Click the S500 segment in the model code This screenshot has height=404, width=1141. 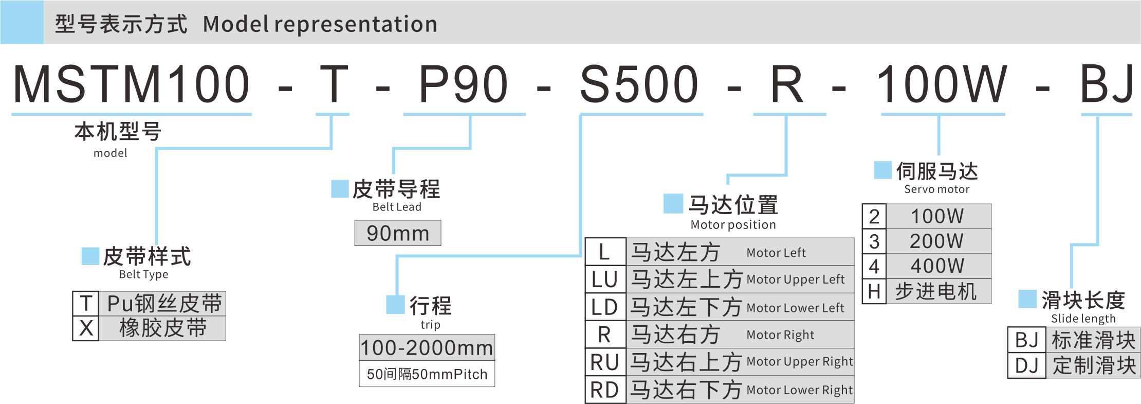(639, 84)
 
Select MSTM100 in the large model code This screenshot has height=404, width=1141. (132, 84)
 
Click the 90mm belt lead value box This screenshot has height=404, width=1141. (398, 233)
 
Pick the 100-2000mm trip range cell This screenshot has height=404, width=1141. (427, 348)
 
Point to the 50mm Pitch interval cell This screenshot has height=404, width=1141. (427, 374)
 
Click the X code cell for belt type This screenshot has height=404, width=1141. (86, 328)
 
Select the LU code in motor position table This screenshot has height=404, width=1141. (605, 279)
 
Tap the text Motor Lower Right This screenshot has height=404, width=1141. (799, 390)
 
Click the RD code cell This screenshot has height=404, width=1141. (605, 390)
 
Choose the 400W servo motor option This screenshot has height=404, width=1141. (937, 266)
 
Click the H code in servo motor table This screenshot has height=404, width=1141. (874, 292)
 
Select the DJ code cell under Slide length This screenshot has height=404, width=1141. (1026, 365)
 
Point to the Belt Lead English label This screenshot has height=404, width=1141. (397, 207)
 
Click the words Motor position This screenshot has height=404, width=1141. (733, 224)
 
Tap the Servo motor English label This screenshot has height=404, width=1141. (936, 189)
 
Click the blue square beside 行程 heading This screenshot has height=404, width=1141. (395, 305)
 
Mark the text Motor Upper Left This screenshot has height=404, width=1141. (795, 279)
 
